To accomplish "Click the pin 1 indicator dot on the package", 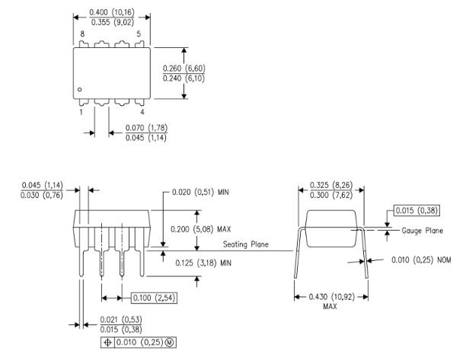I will click(80, 90).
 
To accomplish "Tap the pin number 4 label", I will click(141, 112).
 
